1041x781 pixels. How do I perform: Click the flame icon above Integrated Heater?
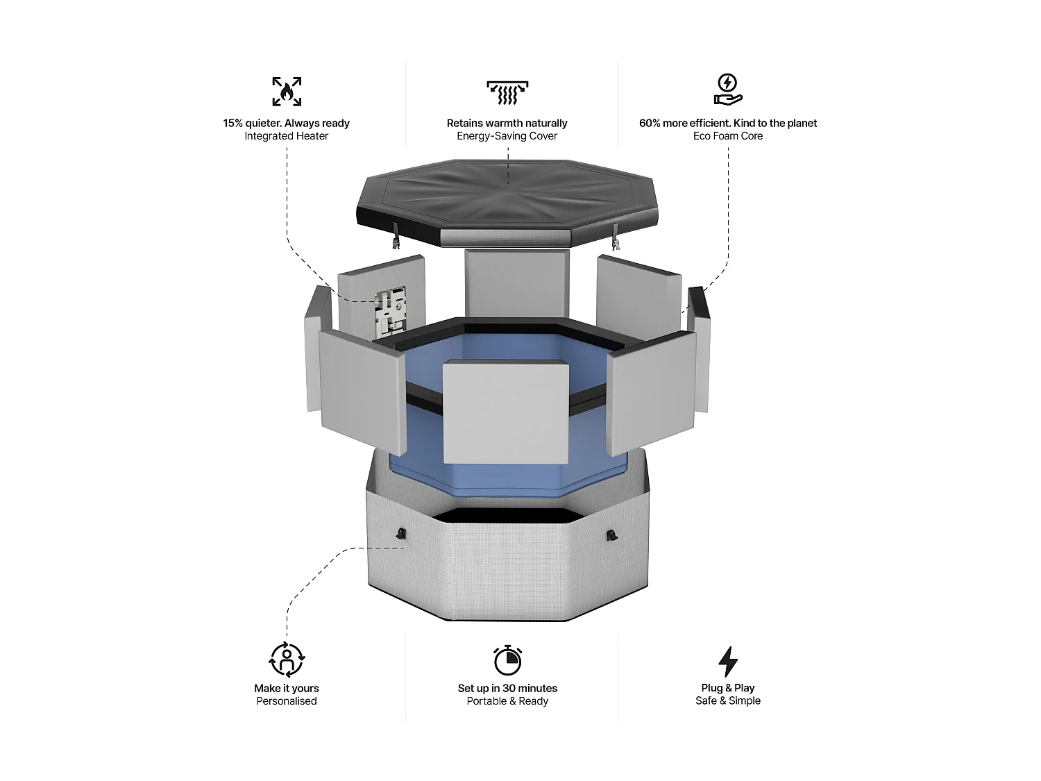(287, 91)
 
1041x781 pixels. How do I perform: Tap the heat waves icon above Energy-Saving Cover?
(507, 92)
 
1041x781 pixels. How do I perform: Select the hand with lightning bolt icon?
(727, 89)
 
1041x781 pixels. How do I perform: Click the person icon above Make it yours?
(287, 659)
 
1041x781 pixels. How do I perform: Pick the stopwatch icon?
(507, 660)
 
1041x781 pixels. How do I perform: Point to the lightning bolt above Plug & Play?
(728, 661)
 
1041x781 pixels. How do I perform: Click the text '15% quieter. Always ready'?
(287, 124)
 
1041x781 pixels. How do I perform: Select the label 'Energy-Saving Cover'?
(507, 136)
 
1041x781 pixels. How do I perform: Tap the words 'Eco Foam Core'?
(728, 136)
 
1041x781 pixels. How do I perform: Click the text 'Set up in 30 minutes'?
(507, 688)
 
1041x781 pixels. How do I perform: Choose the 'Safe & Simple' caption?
(728, 700)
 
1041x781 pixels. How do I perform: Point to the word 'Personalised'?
(287, 701)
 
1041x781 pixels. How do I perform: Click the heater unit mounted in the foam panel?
(390, 310)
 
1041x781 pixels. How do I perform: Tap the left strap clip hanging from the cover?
(395, 235)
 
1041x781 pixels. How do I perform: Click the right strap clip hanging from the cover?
(616, 237)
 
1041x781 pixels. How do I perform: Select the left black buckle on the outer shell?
(401, 533)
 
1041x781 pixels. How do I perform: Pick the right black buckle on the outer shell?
(612, 536)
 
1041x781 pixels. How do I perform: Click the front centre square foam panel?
(505, 412)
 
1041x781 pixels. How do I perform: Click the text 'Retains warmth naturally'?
(507, 124)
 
